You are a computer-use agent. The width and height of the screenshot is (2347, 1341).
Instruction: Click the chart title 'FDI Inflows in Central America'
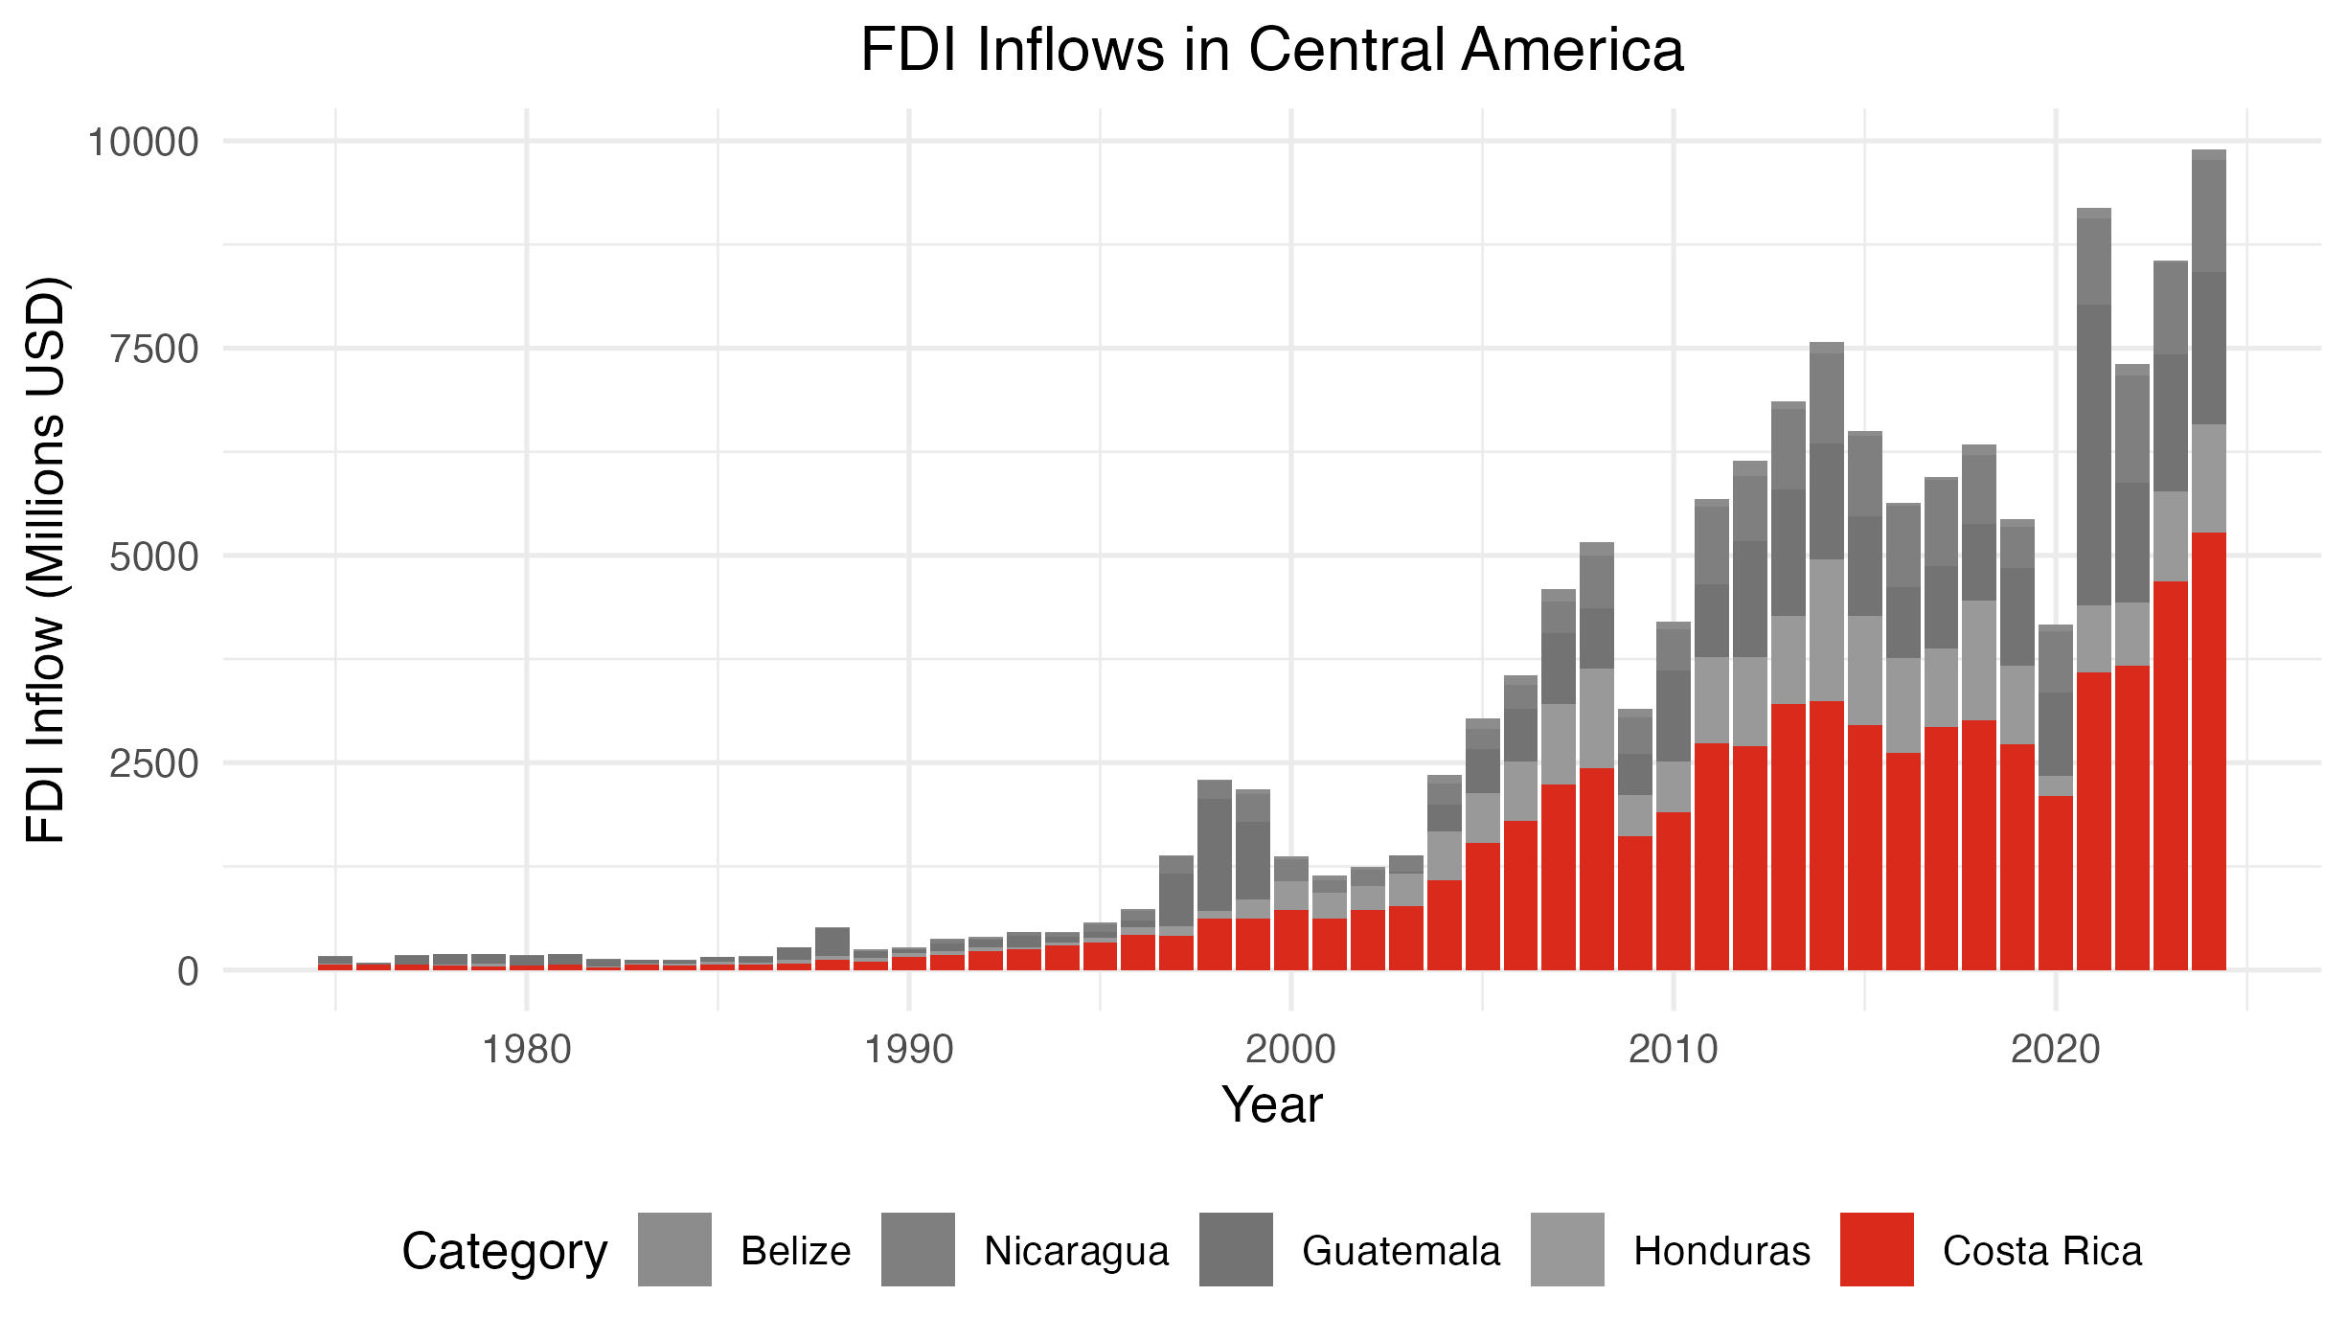click(x=1271, y=50)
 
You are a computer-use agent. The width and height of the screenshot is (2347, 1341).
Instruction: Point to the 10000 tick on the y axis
click(x=144, y=143)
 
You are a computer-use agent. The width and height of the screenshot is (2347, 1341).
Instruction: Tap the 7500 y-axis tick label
click(x=154, y=350)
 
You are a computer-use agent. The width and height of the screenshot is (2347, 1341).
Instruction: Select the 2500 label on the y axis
click(x=154, y=764)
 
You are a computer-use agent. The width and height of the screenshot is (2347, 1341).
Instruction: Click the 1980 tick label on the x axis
click(x=526, y=1050)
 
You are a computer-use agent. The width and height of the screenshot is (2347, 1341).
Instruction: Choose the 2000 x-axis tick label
click(x=1290, y=1050)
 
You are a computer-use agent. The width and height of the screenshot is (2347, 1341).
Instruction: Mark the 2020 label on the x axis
click(x=2055, y=1050)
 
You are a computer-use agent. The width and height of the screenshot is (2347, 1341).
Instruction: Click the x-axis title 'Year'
click(x=1271, y=1104)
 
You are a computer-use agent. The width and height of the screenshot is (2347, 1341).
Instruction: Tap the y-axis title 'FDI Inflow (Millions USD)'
click(x=46, y=559)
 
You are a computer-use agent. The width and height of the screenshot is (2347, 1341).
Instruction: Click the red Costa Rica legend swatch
click(x=1876, y=1249)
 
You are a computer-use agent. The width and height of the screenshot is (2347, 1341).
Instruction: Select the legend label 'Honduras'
click(x=1721, y=1251)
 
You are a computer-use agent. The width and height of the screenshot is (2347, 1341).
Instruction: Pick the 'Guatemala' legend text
click(x=1401, y=1251)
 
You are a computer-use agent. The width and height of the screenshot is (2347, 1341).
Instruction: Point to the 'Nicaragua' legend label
click(x=1077, y=1251)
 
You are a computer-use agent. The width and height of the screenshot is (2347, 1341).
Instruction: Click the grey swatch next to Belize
click(x=674, y=1249)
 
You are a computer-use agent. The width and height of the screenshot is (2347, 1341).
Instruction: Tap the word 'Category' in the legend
click(x=505, y=1251)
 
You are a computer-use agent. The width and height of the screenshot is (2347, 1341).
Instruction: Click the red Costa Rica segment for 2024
click(x=2208, y=752)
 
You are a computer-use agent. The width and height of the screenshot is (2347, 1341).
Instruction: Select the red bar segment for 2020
click(x=2055, y=883)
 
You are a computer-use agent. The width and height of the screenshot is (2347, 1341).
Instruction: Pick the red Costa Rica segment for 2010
click(x=1674, y=891)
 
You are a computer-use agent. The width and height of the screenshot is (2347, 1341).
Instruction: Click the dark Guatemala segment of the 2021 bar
click(x=2093, y=455)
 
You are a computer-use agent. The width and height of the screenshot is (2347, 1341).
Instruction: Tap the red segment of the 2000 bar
click(x=1290, y=941)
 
